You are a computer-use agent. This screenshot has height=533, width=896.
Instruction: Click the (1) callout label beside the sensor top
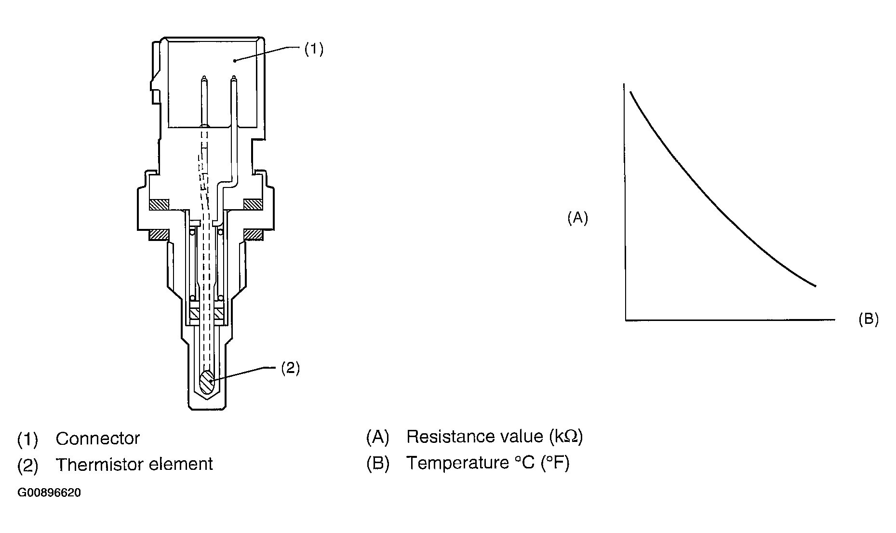tap(314, 50)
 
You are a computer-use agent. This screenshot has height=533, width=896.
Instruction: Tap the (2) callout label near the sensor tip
tap(291, 368)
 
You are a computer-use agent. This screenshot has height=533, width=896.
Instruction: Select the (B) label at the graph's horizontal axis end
tap(869, 319)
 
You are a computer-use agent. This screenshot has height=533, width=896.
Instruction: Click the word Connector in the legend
tap(98, 439)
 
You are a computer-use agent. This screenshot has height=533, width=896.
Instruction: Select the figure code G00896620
tap(49, 493)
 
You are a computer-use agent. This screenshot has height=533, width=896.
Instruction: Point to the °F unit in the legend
tap(555, 463)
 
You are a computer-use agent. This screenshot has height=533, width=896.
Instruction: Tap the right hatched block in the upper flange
tap(253, 205)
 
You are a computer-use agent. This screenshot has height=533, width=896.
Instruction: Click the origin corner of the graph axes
tap(626, 320)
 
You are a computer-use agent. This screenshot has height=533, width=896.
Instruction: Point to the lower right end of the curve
tap(816, 286)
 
